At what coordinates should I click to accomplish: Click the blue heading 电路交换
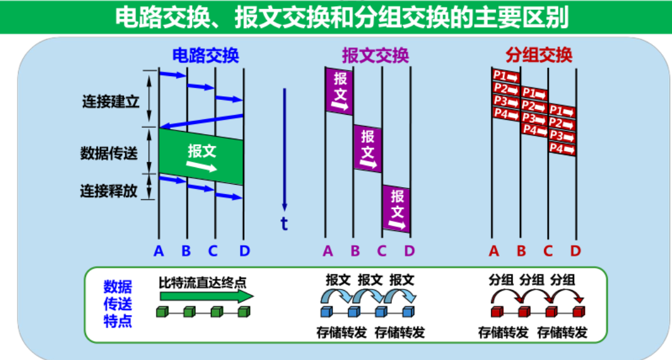click(x=205, y=55)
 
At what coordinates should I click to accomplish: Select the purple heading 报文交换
click(x=375, y=55)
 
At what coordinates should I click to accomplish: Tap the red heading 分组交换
click(x=539, y=55)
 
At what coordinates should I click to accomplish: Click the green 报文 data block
click(x=201, y=157)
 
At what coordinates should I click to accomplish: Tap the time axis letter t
click(x=285, y=223)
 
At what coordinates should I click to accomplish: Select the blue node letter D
click(x=245, y=251)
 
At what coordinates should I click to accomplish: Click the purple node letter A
click(x=328, y=251)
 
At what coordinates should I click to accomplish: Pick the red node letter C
click(x=548, y=251)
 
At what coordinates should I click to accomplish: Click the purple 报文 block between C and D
click(x=397, y=208)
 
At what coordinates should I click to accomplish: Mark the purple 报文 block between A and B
click(x=339, y=91)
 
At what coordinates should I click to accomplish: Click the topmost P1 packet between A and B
click(x=506, y=76)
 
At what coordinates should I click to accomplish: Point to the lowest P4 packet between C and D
click(x=562, y=149)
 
